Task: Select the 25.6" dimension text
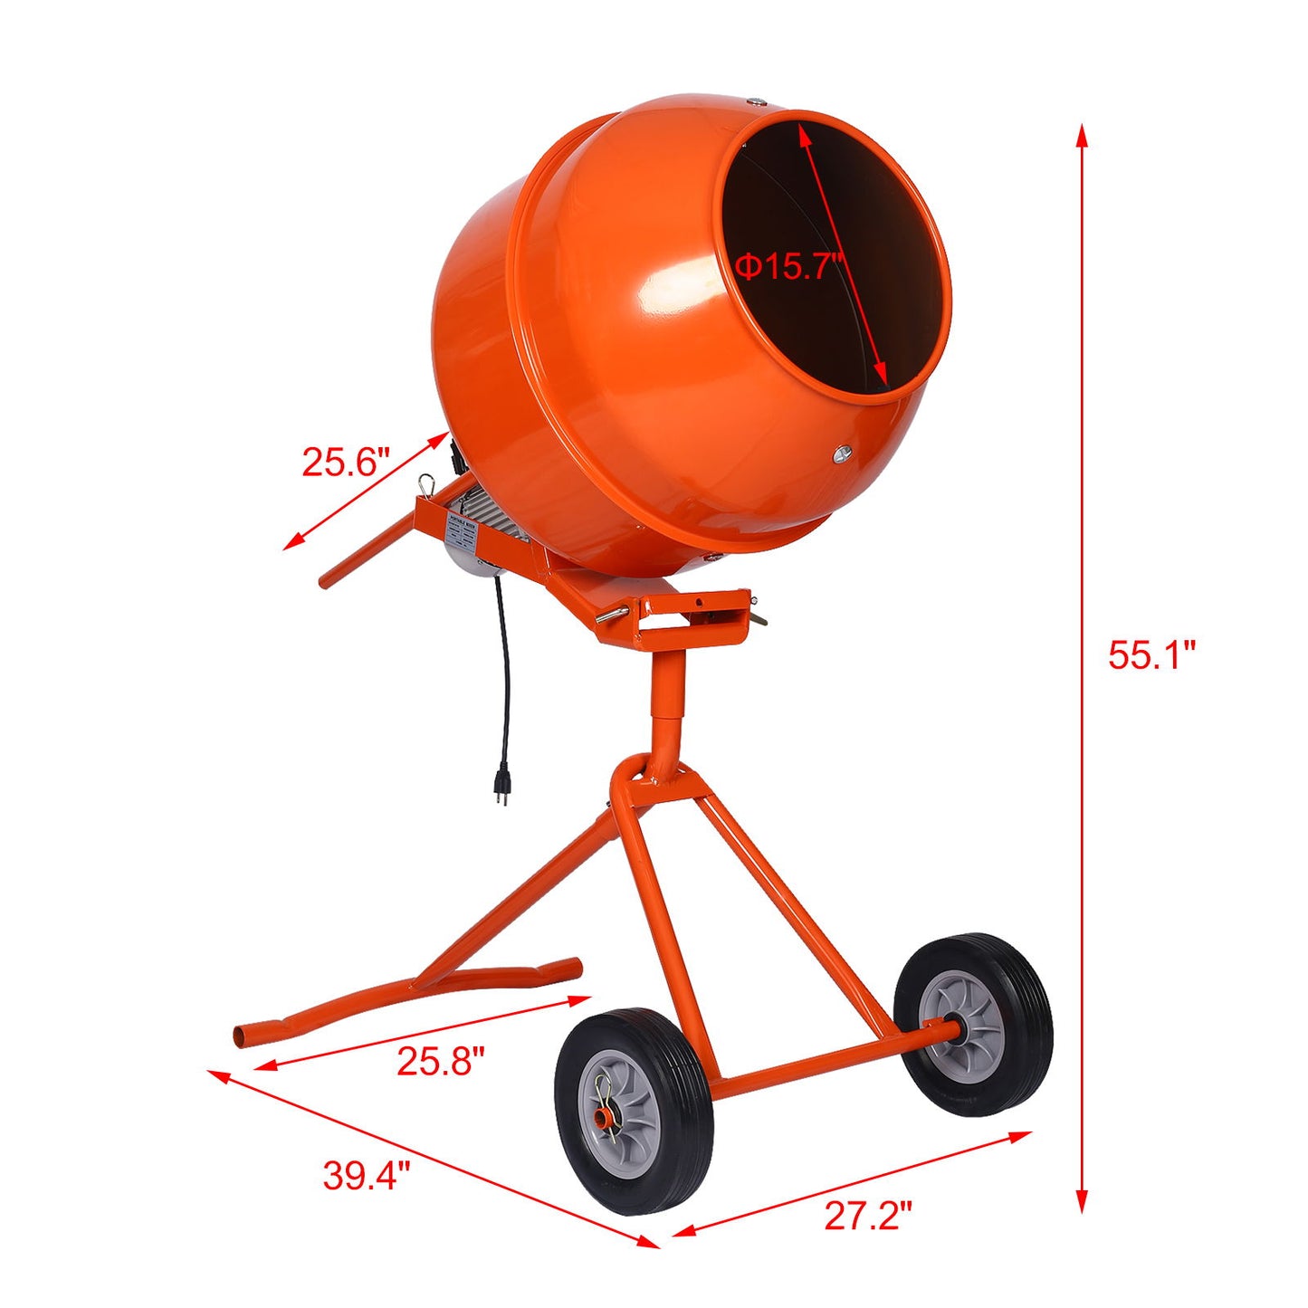345,462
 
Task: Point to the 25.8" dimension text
441,1061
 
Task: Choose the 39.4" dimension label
367,1176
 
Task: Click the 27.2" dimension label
867,1216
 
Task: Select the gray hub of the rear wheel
961,1030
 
